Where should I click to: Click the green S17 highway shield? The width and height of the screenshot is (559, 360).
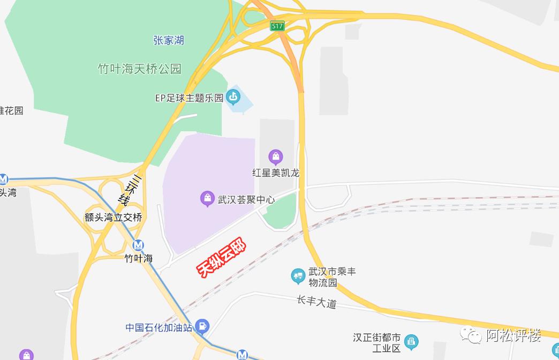coord(277,26)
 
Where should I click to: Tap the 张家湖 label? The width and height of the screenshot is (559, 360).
coord(168,41)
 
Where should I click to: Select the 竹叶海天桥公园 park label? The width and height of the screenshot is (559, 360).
coord(139,69)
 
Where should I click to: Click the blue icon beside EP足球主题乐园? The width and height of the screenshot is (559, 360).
coord(233,97)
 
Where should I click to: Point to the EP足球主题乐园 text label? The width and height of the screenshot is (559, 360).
coord(188,98)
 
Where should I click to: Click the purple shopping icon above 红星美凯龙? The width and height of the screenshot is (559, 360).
coord(276,157)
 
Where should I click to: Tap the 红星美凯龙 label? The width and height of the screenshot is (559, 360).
coord(276,173)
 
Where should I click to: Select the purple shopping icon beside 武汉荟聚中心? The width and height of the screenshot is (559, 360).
coord(207,199)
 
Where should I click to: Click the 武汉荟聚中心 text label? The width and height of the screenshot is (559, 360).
coord(246,200)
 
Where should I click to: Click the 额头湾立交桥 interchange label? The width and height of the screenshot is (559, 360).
coord(114,217)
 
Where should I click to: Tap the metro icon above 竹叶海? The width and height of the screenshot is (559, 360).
coord(139,245)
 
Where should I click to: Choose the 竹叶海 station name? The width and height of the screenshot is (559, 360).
coord(139,259)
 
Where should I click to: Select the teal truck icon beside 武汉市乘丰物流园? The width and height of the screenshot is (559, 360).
coord(298,276)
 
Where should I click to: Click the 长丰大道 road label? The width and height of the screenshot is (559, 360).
coord(316,302)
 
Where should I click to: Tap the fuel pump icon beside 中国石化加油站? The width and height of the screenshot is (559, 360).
coord(202,325)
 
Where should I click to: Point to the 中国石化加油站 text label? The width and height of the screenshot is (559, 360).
coord(158,327)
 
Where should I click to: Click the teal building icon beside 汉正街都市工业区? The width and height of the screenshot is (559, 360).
coord(411,341)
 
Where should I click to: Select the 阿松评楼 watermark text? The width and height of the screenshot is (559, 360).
coord(513,336)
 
